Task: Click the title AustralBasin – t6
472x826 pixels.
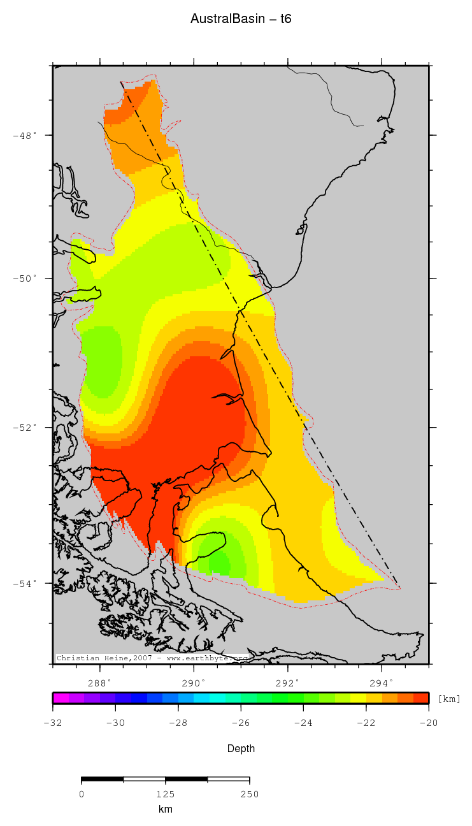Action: point(241,19)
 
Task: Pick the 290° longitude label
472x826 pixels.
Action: point(194,682)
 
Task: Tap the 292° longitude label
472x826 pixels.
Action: point(288,682)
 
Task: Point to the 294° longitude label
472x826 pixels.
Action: point(382,682)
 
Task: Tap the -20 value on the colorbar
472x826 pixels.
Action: point(428,723)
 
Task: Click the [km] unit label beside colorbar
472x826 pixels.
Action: point(449,699)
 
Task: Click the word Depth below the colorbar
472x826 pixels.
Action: point(241,748)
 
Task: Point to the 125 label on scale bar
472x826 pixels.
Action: point(166,794)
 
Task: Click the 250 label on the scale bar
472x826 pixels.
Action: point(249,794)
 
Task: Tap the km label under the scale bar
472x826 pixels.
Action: point(166,809)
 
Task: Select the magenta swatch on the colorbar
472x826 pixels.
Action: point(61,698)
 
